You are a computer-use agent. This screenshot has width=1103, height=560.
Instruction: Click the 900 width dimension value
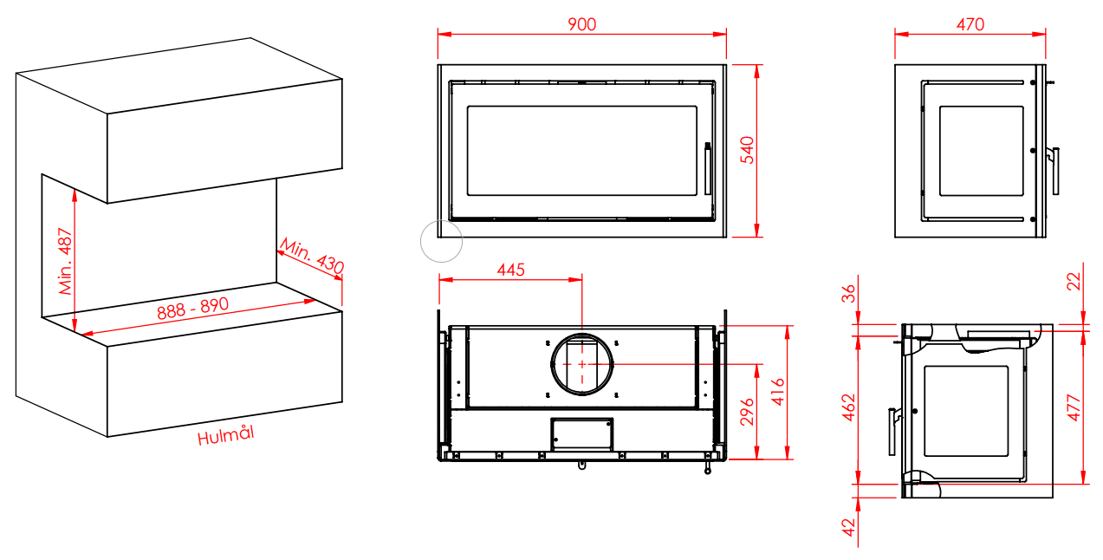click(x=581, y=24)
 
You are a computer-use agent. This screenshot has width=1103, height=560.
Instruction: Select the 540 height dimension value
click(x=747, y=150)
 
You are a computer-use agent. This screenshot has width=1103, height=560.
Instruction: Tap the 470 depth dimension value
click(x=970, y=24)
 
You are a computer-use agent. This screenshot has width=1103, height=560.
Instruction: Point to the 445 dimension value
click(x=510, y=270)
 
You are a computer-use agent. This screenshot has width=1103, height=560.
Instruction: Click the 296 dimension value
click(x=747, y=412)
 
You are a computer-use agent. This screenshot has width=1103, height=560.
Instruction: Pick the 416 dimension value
click(x=777, y=392)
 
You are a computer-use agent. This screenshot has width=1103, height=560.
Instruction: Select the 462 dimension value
click(x=849, y=407)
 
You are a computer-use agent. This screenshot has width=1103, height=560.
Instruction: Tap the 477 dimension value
click(x=1074, y=407)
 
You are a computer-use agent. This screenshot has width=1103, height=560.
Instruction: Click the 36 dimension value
click(x=849, y=294)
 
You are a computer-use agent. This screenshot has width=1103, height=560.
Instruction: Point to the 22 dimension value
click(x=1074, y=282)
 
